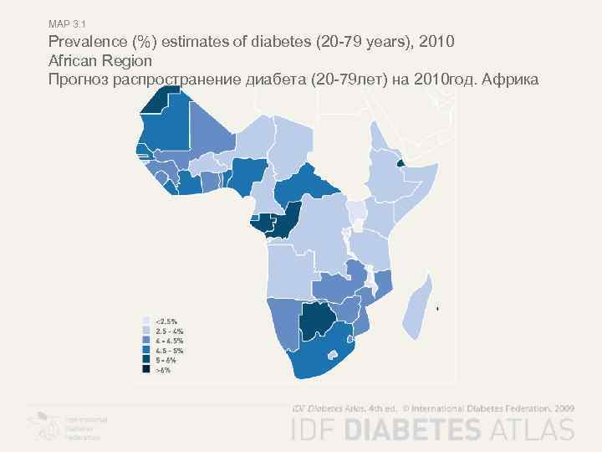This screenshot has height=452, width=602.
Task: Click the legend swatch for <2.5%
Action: tap(146, 321)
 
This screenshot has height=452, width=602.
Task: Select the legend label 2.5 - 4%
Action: tap(170, 331)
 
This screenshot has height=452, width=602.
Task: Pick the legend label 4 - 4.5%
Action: tap(171, 341)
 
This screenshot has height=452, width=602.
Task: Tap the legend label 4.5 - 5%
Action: tap(171, 350)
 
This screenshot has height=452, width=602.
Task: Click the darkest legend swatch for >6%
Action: tap(146, 369)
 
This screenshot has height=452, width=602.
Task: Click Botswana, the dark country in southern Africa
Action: tap(315, 320)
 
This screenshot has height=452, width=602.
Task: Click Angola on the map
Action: tap(288, 272)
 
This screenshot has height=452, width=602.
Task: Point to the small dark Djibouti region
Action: tap(400, 162)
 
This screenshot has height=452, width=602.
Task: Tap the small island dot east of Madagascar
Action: tap(438, 309)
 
